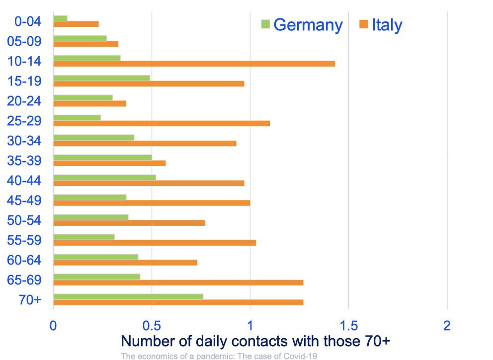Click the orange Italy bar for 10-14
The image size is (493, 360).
click(194, 64)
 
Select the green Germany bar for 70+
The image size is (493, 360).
click(128, 297)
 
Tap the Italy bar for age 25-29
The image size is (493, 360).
click(162, 123)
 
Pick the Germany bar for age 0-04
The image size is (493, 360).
click(60, 18)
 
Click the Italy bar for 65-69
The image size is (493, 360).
click(178, 282)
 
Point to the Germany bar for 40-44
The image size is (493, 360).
click(104, 178)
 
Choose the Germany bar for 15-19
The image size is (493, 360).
click(101, 78)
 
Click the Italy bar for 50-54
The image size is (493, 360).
click(129, 223)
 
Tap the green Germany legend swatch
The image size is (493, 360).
click(265, 23)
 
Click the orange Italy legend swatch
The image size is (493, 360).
click(363, 23)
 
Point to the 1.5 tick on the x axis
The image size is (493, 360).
click(348, 326)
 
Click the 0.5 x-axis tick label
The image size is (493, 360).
click(151, 326)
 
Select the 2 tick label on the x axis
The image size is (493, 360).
click(447, 326)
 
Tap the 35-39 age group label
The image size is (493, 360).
click(24, 161)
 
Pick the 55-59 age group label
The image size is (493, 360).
click(24, 240)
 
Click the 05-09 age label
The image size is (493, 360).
click(24, 41)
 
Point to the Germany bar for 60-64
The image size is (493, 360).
click(95, 257)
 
